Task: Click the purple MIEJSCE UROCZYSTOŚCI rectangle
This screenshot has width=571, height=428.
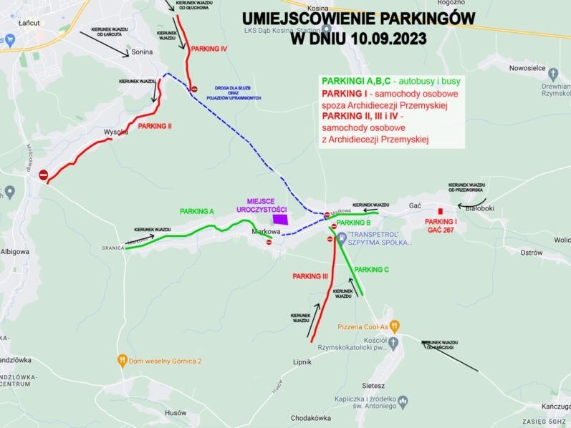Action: pos(279,219)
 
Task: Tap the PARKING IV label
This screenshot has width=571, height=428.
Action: pos(209,49)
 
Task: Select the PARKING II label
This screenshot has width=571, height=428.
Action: pos(155,126)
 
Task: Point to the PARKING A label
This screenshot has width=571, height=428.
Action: pos(197,211)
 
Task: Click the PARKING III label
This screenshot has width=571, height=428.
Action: pos(310,276)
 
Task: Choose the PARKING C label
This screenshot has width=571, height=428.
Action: pos(371,269)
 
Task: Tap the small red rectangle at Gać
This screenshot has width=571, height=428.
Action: pos(439,210)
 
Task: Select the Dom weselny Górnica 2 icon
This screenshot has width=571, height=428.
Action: pos(123,361)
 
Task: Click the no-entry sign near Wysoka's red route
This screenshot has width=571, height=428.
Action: pos(43,175)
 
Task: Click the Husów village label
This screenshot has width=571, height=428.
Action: pos(176,413)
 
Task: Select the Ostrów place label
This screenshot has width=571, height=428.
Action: pos(531,253)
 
